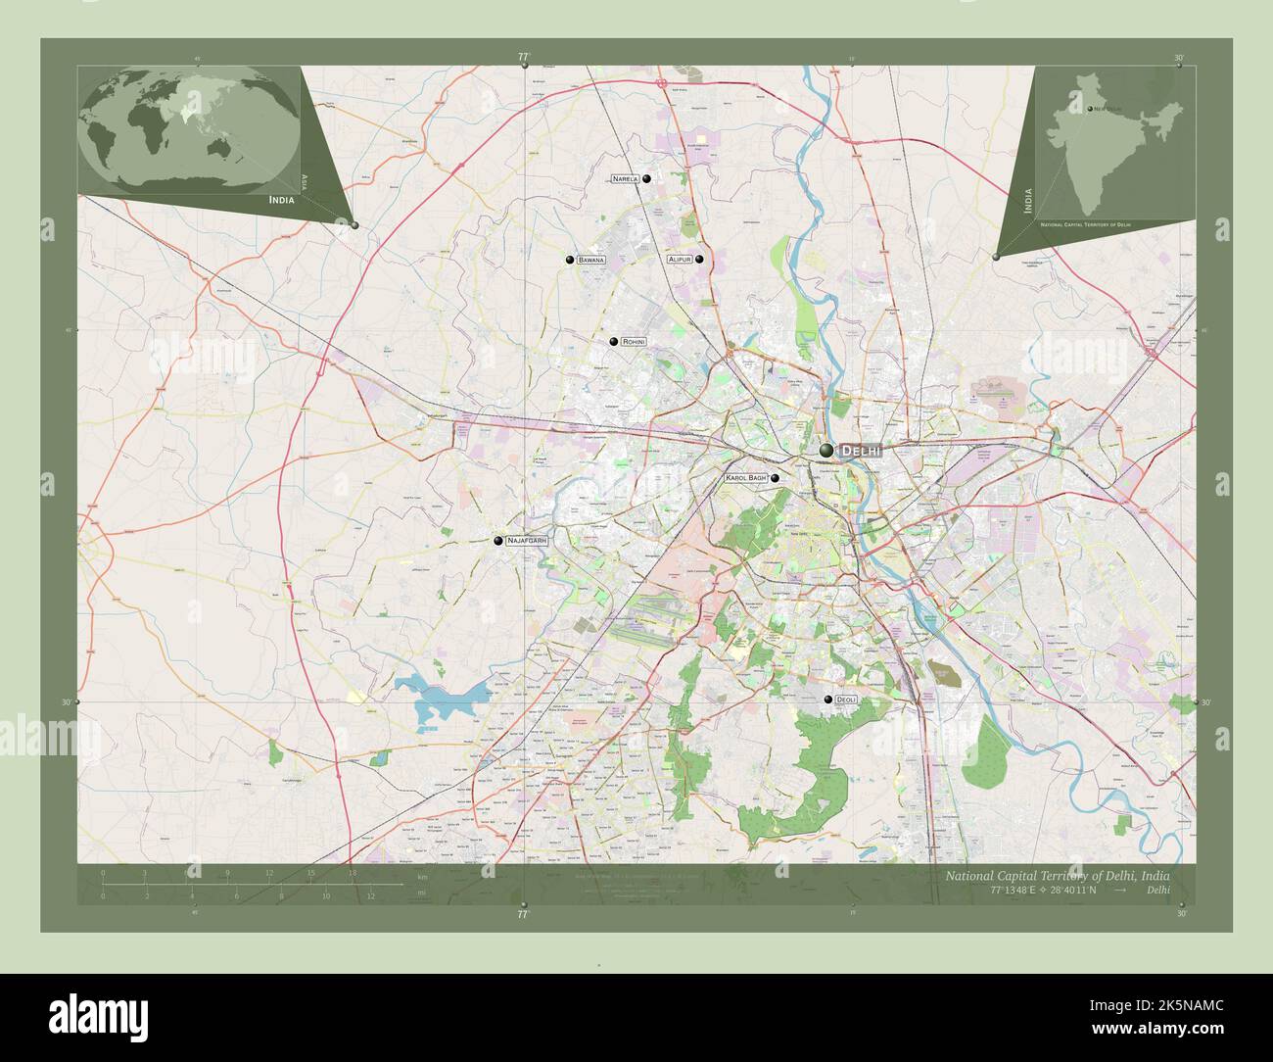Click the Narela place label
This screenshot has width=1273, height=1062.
point(625,179)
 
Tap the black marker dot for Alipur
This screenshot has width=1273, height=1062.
point(699,260)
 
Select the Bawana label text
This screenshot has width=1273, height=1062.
point(590,261)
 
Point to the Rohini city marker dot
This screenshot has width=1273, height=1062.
point(613,341)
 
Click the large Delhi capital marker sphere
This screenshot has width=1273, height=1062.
point(827,450)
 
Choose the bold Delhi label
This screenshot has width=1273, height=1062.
point(861,451)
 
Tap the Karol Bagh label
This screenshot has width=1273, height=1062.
point(746,478)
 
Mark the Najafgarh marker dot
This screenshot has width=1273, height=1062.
point(498,540)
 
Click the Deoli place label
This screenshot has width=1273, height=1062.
point(846,700)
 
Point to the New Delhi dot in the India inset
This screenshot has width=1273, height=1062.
point(1089,109)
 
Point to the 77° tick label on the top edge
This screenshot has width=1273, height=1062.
point(524,58)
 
